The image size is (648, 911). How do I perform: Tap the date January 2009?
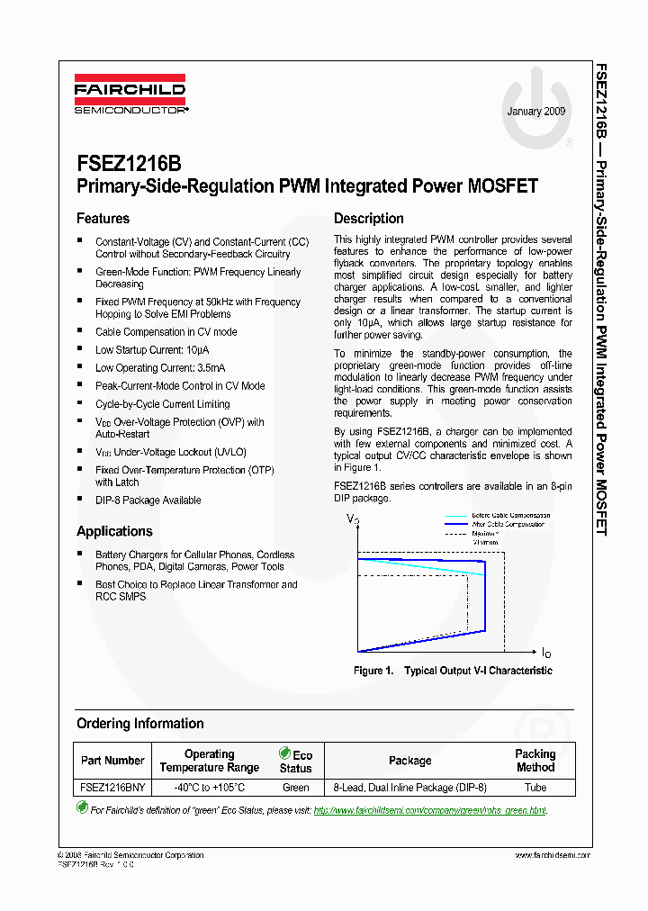click(536, 112)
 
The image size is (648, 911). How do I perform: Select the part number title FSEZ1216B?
click(129, 163)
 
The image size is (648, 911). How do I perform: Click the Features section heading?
click(103, 219)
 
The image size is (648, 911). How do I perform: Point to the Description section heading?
click(369, 219)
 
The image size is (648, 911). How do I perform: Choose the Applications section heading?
click(114, 531)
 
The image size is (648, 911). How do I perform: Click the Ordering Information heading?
click(139, 724)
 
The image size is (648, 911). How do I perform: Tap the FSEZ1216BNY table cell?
click(112, 788)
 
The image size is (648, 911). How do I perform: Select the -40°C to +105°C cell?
click(209, 788)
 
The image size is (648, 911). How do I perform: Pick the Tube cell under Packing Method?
click(535, 788)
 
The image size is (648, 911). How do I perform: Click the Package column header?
click(409, 761)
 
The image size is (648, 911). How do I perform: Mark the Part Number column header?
click(112, 761)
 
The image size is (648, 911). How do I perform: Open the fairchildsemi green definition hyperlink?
click(429, 810)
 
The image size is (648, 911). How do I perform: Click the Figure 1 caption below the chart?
click(453, 671)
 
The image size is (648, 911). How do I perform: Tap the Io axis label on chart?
click(546, 652)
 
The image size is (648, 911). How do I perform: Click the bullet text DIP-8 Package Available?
click(148, 501)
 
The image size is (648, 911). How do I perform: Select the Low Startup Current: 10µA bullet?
click(152, 350)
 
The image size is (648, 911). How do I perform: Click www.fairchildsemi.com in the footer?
click(553, 855)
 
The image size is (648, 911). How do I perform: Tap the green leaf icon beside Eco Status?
click(285, 754)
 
